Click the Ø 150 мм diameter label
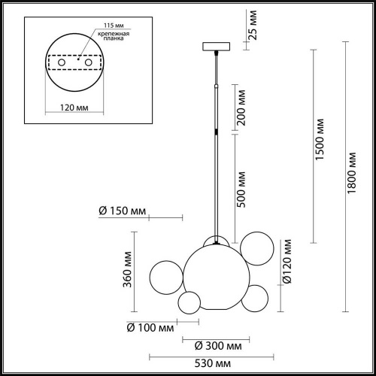pos(122,211)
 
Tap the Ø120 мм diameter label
pos(287,268)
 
